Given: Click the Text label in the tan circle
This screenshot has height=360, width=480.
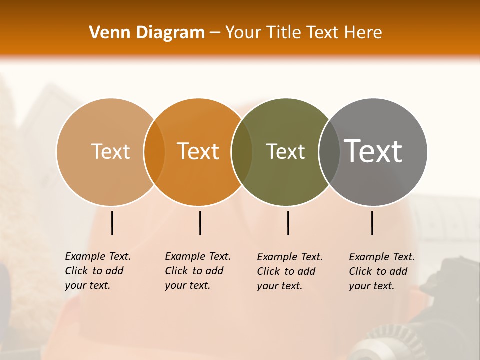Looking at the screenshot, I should [110, 151].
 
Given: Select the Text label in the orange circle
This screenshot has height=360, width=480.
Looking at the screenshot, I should [198, 151].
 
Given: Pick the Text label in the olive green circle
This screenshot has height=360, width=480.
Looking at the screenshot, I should [285, 151].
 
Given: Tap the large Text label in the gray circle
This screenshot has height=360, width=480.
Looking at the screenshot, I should [373, 151].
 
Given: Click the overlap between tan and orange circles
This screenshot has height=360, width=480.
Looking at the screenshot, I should [154, 152].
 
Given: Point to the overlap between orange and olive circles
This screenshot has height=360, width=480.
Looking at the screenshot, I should [242, 152].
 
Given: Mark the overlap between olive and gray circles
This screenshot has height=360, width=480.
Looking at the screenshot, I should [329, 152].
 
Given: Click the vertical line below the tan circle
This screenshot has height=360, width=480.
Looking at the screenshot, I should [112, 223].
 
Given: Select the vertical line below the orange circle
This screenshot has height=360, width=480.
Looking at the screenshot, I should [200, 223].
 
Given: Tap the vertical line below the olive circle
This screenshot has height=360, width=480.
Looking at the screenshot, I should [288, 223].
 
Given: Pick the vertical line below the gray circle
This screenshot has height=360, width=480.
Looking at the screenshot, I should [372, 223].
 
